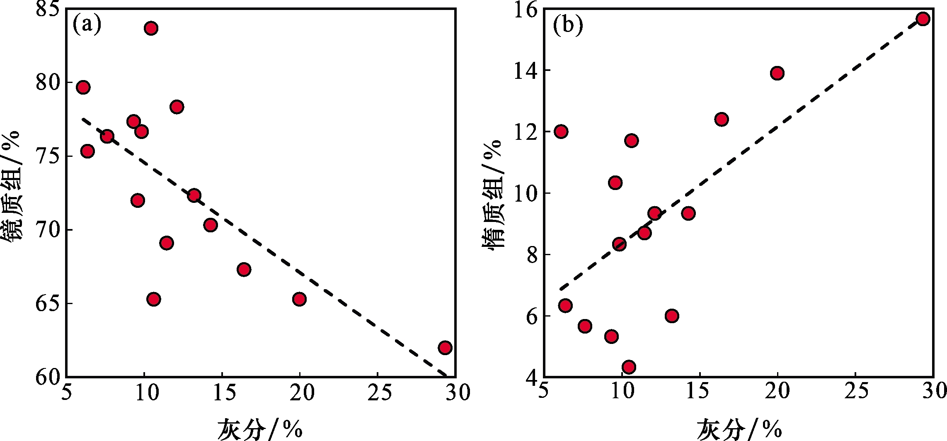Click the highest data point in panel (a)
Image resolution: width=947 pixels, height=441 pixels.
151,28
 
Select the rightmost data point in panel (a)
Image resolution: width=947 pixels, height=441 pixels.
445,347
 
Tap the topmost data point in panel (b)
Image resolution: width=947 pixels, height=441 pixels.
923,19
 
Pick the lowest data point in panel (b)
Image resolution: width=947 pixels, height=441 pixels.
629,367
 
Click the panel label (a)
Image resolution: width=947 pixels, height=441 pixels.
87,25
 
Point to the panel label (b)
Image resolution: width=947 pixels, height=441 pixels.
568,26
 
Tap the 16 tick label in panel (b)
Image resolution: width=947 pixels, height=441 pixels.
526,10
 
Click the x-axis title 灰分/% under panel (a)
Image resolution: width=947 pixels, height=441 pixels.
260,429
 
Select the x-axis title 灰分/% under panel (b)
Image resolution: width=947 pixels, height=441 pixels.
739,429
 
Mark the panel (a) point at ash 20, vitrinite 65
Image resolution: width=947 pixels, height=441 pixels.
299,299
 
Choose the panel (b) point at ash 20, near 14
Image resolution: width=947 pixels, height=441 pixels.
777,73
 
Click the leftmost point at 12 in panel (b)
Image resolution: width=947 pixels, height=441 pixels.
561,132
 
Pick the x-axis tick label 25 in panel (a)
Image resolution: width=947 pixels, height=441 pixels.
379,392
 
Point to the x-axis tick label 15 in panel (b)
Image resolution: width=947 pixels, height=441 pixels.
700,391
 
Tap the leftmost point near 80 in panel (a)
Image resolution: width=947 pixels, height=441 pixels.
83,87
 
